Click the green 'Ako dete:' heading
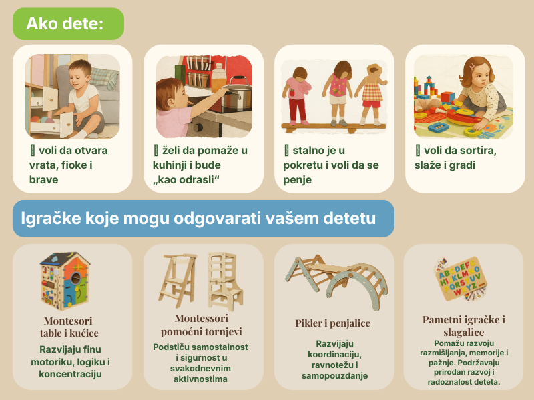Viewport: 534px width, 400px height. [x=68, y=24]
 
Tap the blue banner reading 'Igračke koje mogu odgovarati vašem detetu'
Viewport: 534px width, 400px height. [x=204, y=219]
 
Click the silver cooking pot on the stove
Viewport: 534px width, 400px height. [x=237, y=92]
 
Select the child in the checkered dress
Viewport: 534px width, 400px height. [x=371, y=93]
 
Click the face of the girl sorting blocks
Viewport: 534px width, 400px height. [x=479, y=78]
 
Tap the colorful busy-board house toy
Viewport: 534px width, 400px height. [x=65, y=281]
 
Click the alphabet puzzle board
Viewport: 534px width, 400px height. [x=461, y=280]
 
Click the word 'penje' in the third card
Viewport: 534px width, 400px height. [x=297, y=180]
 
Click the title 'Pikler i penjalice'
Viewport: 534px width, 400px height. [x=332, y=323]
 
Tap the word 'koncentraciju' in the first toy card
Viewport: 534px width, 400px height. [x=70, y=374]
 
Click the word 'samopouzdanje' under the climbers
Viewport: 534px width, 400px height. [x=335, y=376]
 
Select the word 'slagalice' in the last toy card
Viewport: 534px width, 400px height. [x=463, y=332]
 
